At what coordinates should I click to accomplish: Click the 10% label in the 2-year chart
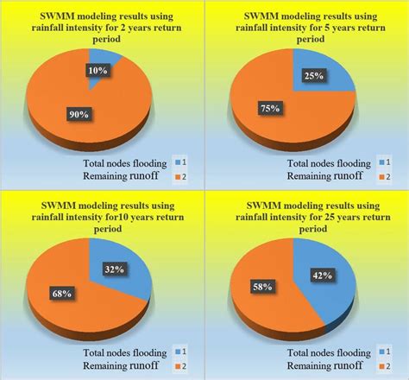pos(97,68)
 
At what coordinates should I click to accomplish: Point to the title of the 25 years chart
pos(305,216)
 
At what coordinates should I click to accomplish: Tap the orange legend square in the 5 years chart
pos(377,177)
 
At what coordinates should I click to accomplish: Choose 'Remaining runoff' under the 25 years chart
pos(320,366)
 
